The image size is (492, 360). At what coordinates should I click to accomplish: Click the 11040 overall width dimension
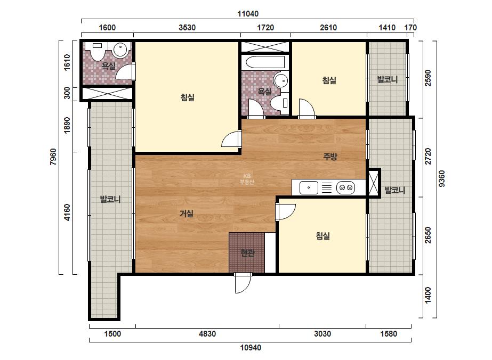[248, 14]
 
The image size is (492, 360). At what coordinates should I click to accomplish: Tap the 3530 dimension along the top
[187, 28]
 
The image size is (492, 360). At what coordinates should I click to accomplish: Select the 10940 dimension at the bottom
[251, 347]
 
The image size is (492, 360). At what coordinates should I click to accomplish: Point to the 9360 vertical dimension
[441, 178]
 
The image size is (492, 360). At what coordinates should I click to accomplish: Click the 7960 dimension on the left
[53, 157]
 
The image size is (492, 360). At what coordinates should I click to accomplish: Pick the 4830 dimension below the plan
[207, 334]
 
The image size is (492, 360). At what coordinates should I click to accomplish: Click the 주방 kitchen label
[330, 156]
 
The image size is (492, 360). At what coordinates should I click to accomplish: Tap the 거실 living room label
[187, 214]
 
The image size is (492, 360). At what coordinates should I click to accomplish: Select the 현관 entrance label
[247, 253]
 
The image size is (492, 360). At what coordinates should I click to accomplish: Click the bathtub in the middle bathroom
[265, 62]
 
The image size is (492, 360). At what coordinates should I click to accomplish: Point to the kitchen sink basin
[309, 188]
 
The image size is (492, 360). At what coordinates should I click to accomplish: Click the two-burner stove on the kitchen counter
[345, 188]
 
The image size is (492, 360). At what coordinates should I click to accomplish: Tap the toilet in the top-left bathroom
[98, 51]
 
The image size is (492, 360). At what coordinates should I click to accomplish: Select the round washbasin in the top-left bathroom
[120, 50]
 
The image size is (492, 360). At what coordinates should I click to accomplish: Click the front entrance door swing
[243, 283]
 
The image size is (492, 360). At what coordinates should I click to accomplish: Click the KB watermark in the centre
[247, 179]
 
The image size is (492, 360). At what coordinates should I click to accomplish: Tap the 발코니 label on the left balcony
[110, 199]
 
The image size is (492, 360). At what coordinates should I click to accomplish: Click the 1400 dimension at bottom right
[428, 296]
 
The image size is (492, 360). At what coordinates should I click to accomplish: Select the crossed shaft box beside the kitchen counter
[374, 183]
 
